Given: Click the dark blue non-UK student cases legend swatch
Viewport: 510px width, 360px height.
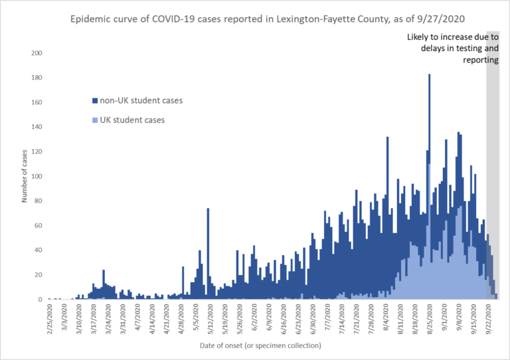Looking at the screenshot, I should click(x=94, y=101).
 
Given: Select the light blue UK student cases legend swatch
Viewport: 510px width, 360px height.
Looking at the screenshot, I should click(x=94, y=120).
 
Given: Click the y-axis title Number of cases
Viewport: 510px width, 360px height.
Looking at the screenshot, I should click(x=25, y=177).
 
